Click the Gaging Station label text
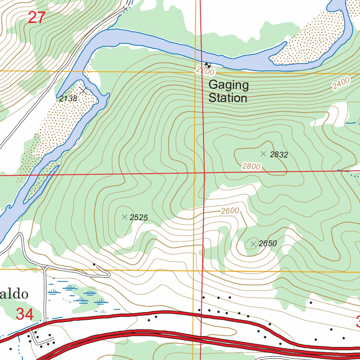(x=228, y=91)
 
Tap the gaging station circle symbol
(x=207, y=65)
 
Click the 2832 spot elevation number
(x=279, y=154)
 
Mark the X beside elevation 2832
(x=263, y=154)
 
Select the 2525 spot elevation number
(x=139, y=218)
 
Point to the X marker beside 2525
(x=124, y=217)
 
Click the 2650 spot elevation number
(x=268, y=243)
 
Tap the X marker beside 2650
(x=253, y=244)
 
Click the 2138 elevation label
(x=68, y=99)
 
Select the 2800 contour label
(x=251, y=167)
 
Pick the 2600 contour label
(x=230, y=211)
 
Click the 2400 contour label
(x=341, y=84)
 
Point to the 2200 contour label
(x=205, y=71)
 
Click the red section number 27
(x=37, y=18)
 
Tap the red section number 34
(x=25, y=314)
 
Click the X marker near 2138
(x=83, y=91)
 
